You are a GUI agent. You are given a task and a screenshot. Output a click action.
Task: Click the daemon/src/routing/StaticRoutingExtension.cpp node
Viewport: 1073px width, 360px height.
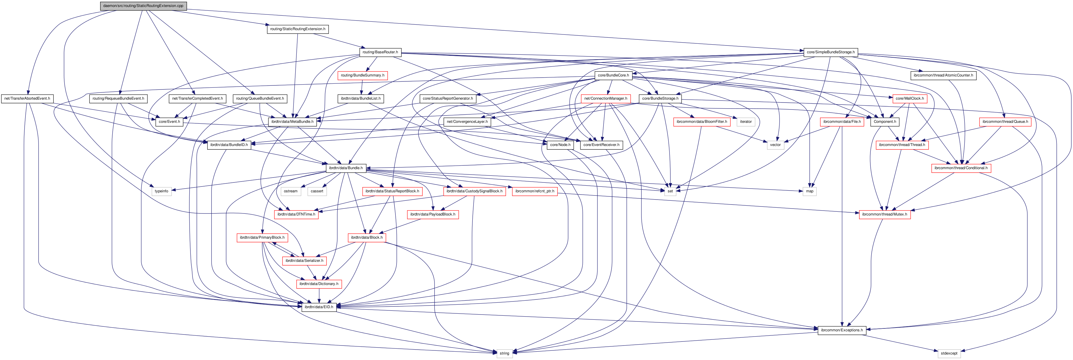tap(143, 6)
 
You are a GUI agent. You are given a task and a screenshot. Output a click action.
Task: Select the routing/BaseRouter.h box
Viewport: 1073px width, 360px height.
tap(380, 52)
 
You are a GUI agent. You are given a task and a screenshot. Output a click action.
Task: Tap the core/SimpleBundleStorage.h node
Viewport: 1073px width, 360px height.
tap(830, 52)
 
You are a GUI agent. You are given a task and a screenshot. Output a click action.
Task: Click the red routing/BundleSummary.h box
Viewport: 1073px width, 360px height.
tap(362, 75)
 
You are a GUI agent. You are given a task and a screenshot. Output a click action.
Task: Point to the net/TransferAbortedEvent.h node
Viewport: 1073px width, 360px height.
tap(27, 99)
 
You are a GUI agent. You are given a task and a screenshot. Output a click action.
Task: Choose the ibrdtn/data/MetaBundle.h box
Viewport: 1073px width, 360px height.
tap(292, 122)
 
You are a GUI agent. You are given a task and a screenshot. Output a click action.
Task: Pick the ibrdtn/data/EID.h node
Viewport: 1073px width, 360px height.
tap(319, 307)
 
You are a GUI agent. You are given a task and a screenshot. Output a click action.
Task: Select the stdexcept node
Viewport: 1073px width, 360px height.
tap(949, 353)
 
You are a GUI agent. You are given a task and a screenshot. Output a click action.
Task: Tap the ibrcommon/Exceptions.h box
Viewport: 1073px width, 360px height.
tap(841, 330)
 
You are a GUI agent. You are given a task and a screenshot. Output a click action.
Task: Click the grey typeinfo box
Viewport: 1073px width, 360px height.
tap(161, 191)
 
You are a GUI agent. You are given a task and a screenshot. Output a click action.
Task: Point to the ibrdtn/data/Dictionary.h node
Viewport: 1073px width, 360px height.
tap(319, 284)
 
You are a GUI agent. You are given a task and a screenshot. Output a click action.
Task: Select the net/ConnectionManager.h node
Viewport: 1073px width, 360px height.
tap(605, 99)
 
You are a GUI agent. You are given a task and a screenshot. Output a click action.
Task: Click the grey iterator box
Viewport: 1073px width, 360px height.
tap(746, 122)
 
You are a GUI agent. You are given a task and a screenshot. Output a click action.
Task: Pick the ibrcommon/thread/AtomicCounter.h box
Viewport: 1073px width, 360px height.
tap(943, 75)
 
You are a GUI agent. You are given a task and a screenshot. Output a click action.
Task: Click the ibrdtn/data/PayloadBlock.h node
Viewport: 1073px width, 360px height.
tap(432, 214)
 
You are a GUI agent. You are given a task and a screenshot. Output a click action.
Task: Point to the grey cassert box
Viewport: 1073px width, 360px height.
tap(317, 191)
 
